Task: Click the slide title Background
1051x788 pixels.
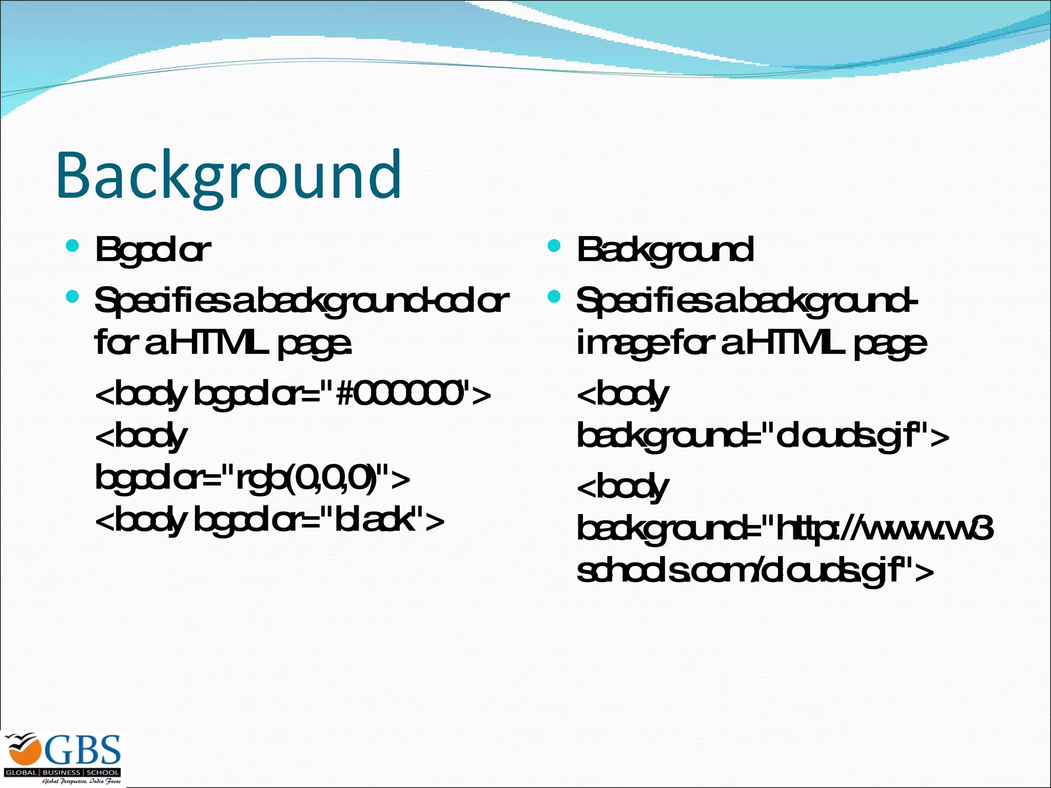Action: (x=229, y=175)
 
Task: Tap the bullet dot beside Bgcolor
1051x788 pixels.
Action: (x=72, y=246)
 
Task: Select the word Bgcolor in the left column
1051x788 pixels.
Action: (x=152, y=250)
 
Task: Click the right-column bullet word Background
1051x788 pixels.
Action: (x=665, y=250)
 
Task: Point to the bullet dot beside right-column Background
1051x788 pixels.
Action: (x=554, y=246)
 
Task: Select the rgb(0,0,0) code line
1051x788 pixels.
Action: (x=252, y=478)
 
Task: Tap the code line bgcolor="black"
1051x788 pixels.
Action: (x=269, y=520)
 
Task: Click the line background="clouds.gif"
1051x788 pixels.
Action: (x=763, y=437)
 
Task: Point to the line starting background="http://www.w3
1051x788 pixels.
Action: (x=785, y=529)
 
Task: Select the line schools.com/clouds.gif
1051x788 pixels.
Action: (x=755, y=571)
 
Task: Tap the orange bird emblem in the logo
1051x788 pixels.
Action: (x=22, y=750)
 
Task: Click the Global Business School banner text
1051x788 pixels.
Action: (x=62, y=772)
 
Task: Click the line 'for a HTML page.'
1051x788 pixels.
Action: (x=223, y=344)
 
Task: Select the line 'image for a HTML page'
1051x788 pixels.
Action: (x=752, y=344)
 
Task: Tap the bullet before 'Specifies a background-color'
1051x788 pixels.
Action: (x=72, y=297)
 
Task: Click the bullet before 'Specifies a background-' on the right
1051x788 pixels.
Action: (x=554, y=297)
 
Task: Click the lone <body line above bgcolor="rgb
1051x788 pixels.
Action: (x=141, y=437)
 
